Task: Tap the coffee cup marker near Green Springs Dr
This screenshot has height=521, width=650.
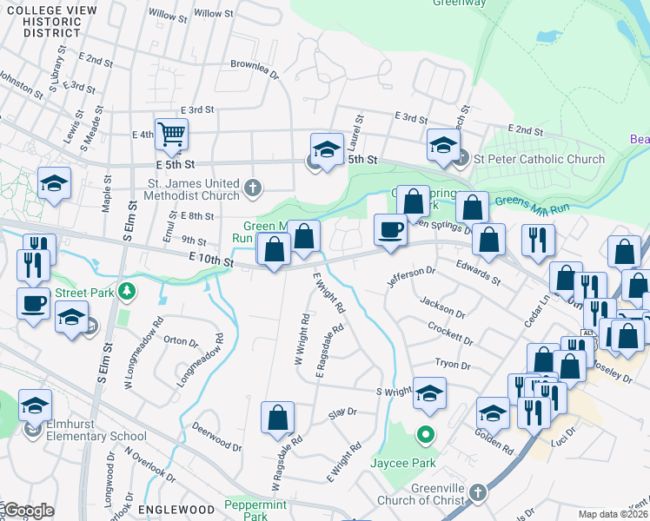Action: pyautogui.click(x=390, y=230)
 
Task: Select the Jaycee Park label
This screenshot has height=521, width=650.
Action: pyautogui.click(x=404, y=464)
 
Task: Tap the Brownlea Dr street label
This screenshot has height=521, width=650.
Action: pyautogui.click(x=254, y=64)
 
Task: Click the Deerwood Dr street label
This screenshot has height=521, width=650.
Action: pyautogui.click(x=216, y=437)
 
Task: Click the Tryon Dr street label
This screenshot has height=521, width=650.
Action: pyautogui.click(x=451, y=364)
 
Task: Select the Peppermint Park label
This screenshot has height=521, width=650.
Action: pyautogui.click(x=255, y=511)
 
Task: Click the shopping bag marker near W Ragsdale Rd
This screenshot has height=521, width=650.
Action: pyautogui.click(x=277, y=417)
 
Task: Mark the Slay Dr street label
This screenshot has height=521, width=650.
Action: pyautogui.click(x=344, y=412)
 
